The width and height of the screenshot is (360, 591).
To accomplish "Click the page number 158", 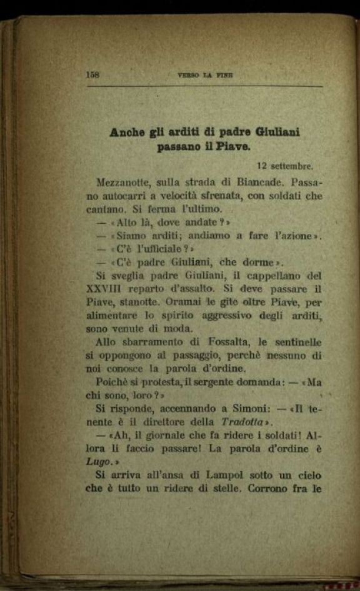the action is click(x=93, y=74).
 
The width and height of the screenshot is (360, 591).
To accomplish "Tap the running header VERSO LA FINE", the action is click(x=204, y=75).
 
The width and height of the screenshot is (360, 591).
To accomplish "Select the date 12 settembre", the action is click(x=284, y=167).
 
